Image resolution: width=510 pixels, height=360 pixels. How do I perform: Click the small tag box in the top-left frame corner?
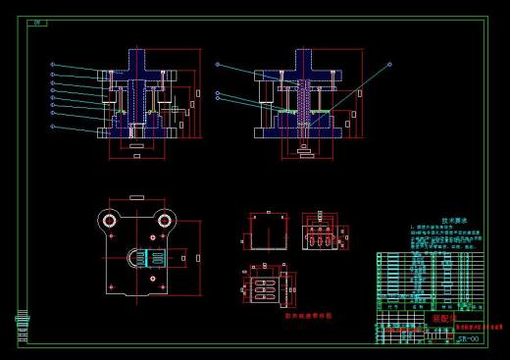pos(38,22)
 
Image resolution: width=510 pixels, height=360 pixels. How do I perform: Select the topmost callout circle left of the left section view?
pos(52,65)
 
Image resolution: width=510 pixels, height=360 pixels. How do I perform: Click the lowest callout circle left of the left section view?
pos(52,127)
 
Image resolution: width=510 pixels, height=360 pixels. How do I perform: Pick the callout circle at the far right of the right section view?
pos(390,65)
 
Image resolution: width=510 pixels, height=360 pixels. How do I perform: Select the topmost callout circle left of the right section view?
pos(220,66)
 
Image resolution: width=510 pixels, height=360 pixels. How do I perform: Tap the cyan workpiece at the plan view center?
pos(149,258)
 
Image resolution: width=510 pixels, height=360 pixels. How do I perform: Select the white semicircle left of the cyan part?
pos(133,257)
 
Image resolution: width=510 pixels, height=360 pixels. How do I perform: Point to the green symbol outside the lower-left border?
pos(20,323)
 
